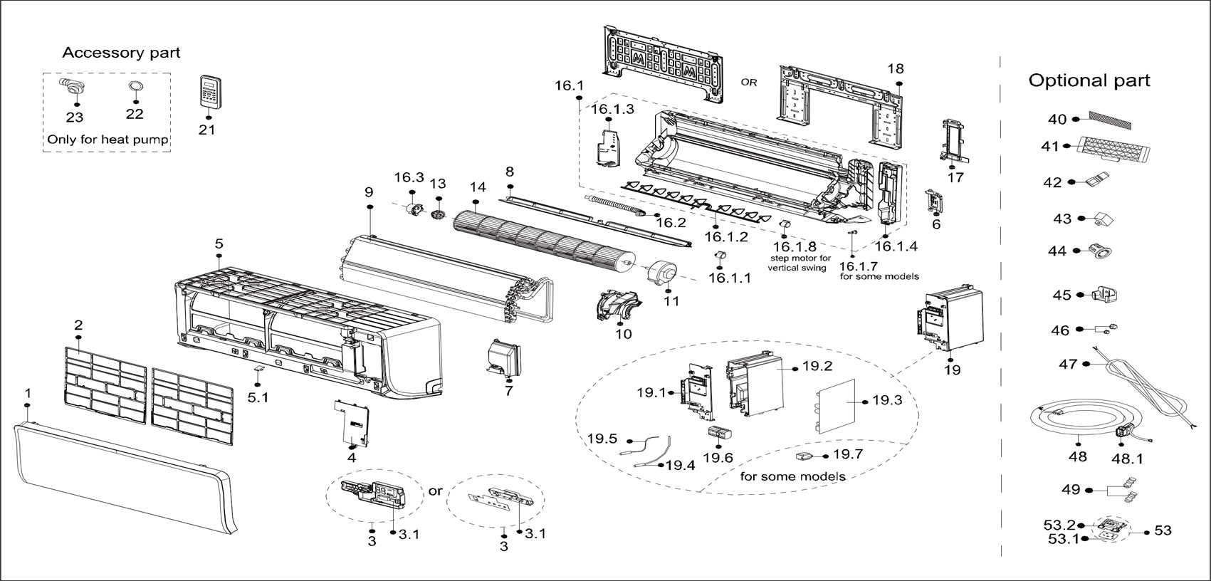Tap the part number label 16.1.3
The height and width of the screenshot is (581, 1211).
click(x=612, y=109)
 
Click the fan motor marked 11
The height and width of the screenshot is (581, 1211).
click(x=660, y=275)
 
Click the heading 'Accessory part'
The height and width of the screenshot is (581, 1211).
click(x=121, y=53)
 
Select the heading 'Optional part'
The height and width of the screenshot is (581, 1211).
click(x=1089, y=80)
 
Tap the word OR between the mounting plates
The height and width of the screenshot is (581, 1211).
click(x=749, y=83)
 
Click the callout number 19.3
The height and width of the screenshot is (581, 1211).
click(x=886, y=401)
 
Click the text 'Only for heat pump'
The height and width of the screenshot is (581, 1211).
click(x=108, y=140)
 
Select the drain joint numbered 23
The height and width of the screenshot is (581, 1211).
click(x=72, y=88)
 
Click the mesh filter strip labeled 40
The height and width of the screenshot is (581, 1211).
click(x=1109, y=120)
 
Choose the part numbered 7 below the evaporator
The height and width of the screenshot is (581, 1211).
click(x=504, y=358)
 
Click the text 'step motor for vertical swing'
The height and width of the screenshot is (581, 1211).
click(x=799, y=263)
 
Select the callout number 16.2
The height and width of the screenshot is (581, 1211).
click(x=670, y=223)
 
